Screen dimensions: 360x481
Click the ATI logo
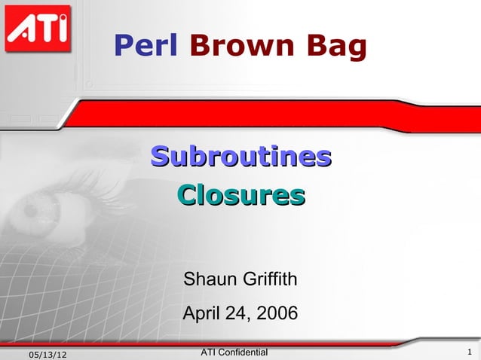pyautogui.click(x=37, y=29)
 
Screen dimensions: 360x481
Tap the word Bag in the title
pyautogui.click(x=335, y=47)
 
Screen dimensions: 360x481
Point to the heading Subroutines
pyautogui.click(x=240, y=157)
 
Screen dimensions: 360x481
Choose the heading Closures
pyautogui.click(x=240, y=196)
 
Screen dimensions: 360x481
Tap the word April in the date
pyautogui.click(x=203, y=312)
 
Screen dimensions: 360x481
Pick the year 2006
pyautogui.click(x=277, y=312)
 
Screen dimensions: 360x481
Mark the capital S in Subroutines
pyautogui.click(x=159, y=157)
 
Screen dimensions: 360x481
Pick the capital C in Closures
pyautogui.click(x=186, y=196)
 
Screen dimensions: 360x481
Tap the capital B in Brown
pyautogui.click(x=199, y=47)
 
